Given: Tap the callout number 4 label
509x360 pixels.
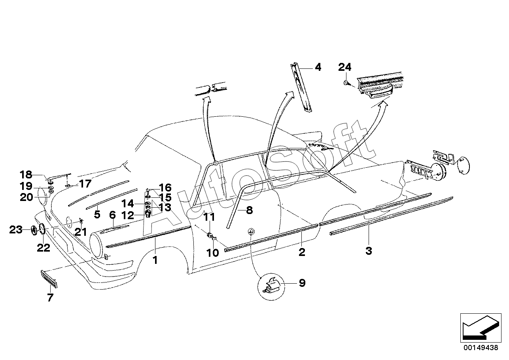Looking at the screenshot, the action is pos(318,68).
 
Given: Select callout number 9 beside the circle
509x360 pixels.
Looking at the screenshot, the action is pos(302,283).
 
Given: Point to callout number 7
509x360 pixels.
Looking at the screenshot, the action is pos(50,297).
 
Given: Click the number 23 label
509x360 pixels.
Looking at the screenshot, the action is pos(16,230).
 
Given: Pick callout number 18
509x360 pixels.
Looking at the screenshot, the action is pos(26,175).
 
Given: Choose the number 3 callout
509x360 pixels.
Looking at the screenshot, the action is pos(369,251).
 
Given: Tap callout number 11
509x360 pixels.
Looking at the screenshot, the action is pos(209,217).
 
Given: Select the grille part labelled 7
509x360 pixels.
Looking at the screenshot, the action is pos(49,279).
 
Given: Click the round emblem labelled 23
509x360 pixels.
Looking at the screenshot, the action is pos(33,230).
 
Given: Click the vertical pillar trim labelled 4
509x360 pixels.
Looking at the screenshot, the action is pos(301,88).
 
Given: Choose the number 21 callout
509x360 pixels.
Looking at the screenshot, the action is pos(81,232).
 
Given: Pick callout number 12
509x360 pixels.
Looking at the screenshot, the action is pos(127,216).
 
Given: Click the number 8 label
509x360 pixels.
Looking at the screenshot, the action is pos(249,210).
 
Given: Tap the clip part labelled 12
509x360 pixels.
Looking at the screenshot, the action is pos(148,214).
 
